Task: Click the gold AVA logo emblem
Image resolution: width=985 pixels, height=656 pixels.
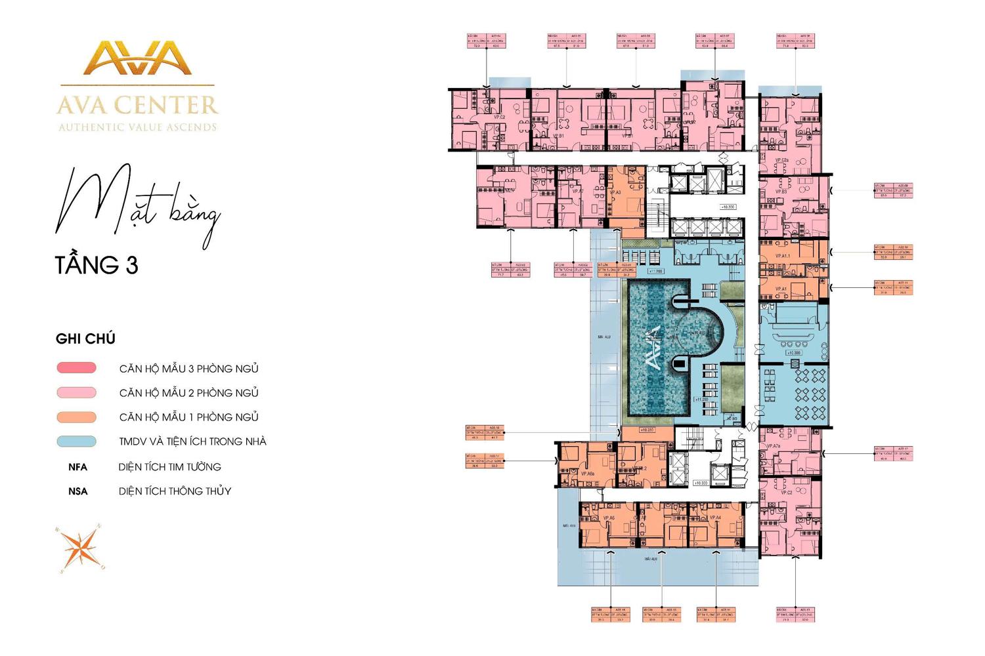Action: (137, 58)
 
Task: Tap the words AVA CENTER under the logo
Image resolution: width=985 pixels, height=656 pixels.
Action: (137, 105)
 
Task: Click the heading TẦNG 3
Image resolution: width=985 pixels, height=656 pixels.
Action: (97, 265)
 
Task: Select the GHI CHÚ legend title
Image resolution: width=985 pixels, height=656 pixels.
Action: (85, 339)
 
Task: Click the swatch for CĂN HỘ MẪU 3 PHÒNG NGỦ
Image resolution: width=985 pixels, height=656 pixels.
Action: (77, 368)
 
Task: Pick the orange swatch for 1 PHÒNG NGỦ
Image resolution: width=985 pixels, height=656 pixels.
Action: (77, 417)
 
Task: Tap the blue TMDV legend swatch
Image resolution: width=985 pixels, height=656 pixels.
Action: (77, 441)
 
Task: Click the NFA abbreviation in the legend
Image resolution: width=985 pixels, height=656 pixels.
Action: (77, 467)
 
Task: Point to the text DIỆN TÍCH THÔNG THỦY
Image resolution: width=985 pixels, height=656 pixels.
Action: (175, 491)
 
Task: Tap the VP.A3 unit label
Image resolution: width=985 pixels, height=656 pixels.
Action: (615, 192)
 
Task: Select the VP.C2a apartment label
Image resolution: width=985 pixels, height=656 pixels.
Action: (781, 161)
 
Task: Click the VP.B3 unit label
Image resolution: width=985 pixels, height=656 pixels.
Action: (780, 192)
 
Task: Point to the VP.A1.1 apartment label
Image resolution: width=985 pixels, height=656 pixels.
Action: (782, 256)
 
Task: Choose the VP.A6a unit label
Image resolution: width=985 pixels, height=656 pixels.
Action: (587, 473)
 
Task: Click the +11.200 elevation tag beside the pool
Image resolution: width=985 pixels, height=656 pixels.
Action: (701, 400)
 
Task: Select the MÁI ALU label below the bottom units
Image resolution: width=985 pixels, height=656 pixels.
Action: (651, 559)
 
